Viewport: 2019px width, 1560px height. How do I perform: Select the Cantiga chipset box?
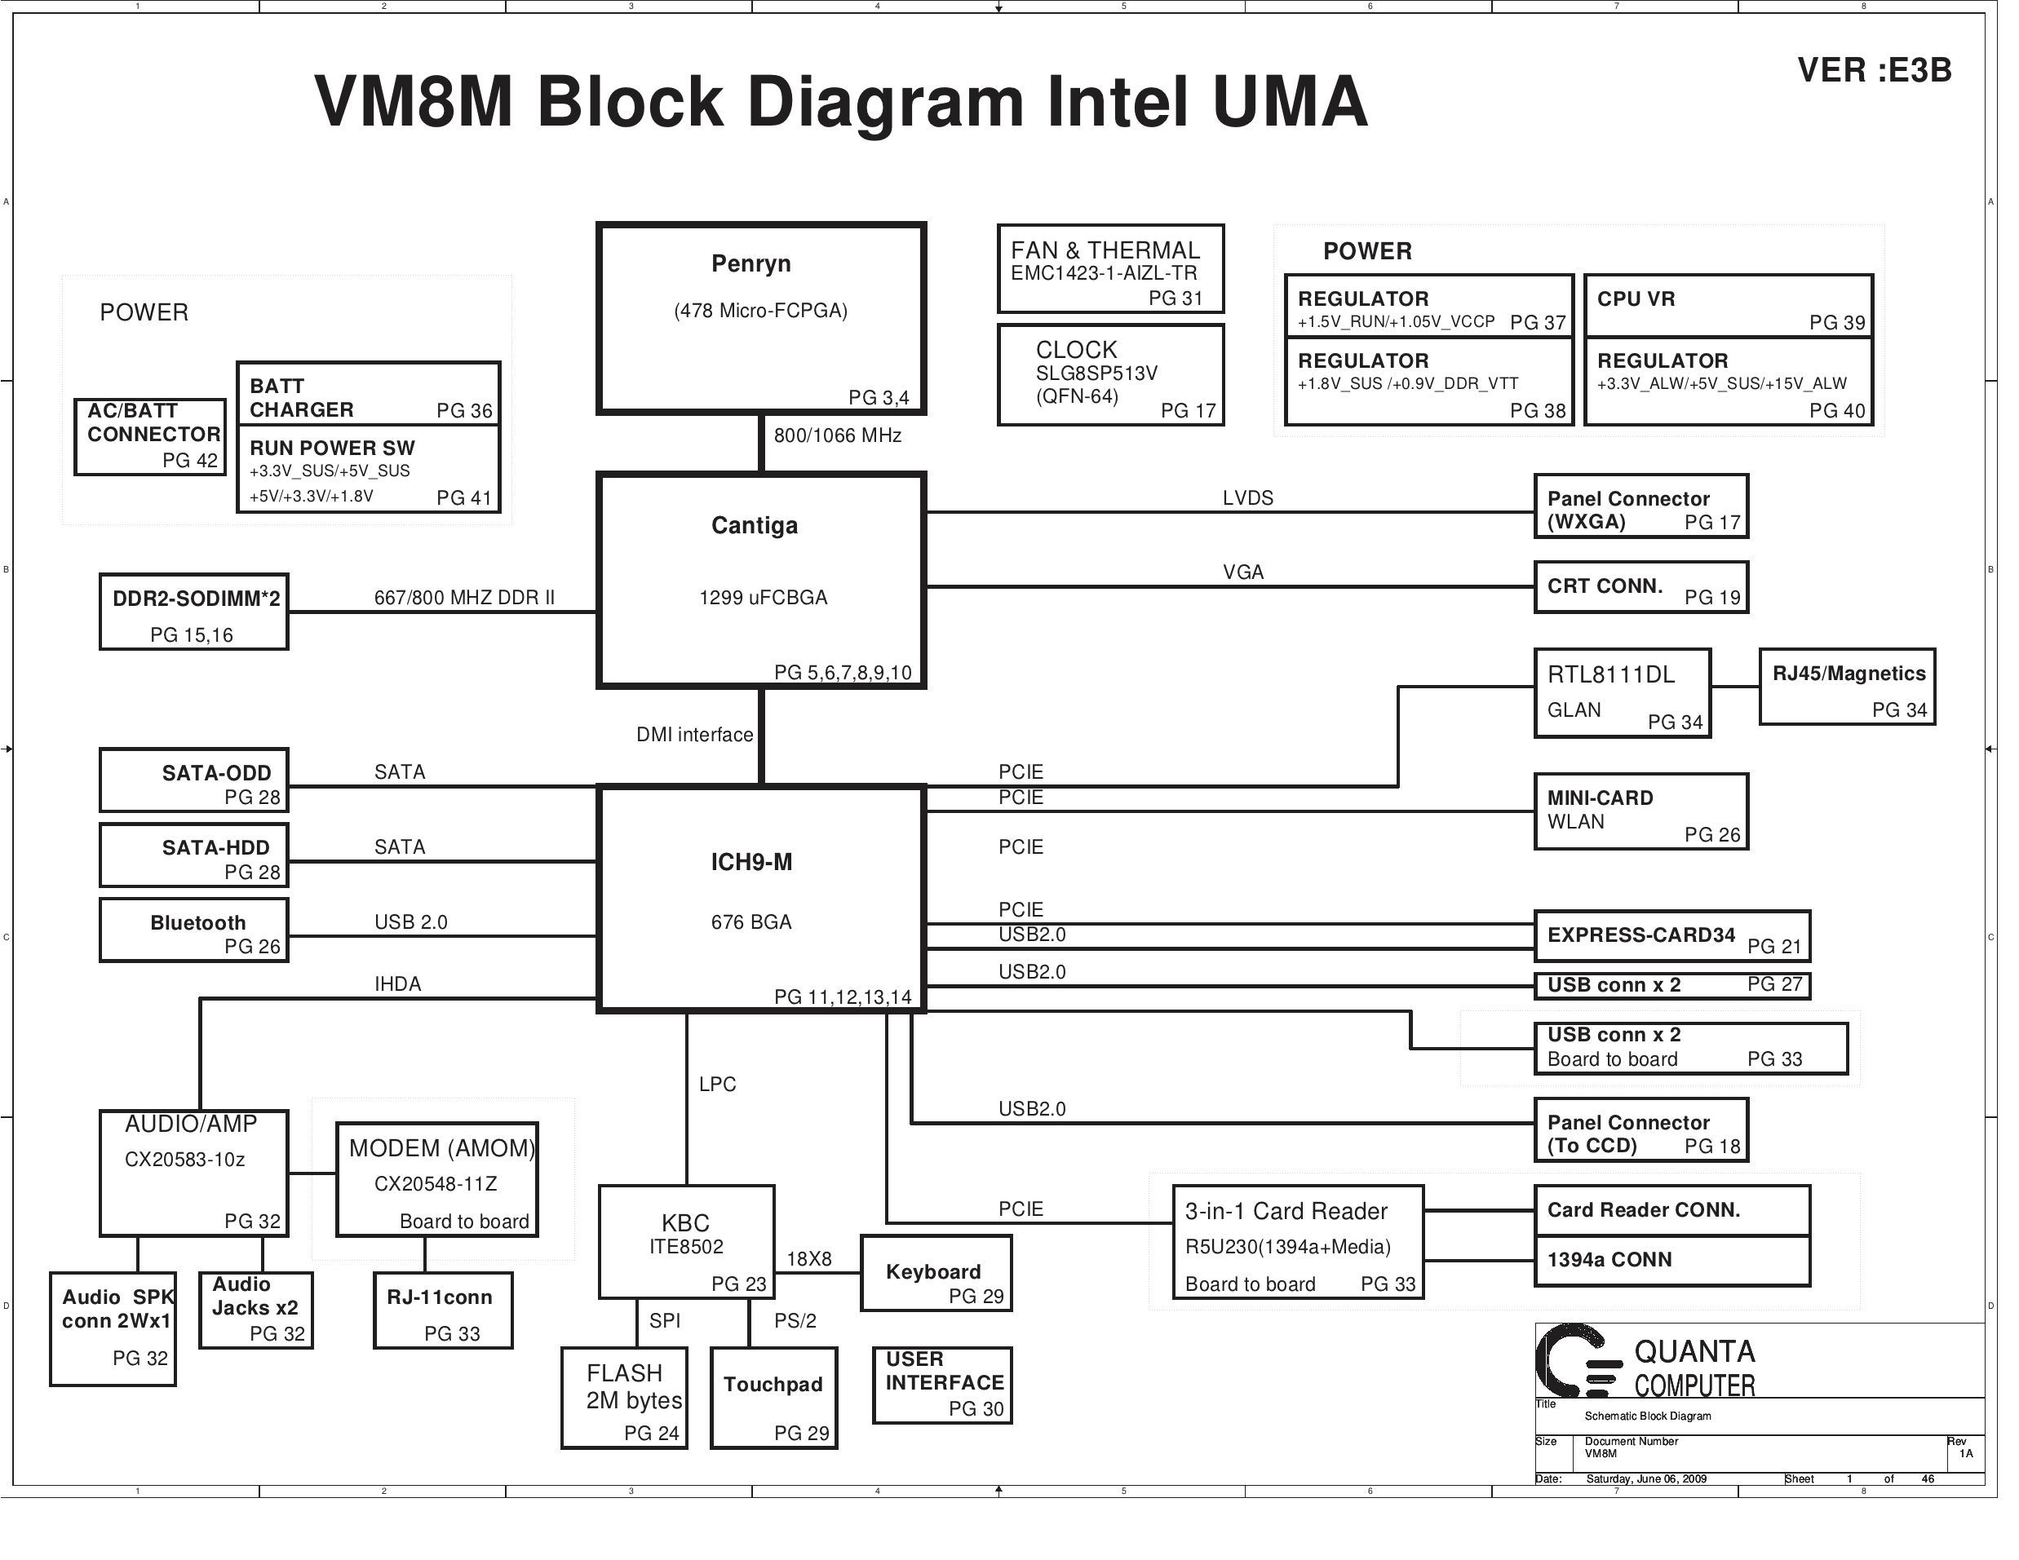point(760,580)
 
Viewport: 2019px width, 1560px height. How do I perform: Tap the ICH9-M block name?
point(750,862)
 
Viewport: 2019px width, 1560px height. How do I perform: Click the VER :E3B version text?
point(1873,70)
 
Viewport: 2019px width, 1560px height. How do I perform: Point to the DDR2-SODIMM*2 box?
point(193,612)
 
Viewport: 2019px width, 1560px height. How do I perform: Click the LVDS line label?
point(1247,498)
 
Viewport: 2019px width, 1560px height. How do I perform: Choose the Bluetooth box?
point(193,930)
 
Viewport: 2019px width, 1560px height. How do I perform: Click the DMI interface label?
point(694,735)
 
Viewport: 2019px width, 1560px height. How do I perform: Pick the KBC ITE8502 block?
point(686,1241)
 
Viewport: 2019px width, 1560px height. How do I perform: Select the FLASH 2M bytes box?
point(624,1398)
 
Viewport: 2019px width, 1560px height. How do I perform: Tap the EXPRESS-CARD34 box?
point(1671,936)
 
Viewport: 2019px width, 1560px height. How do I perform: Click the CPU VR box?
point(1728,306)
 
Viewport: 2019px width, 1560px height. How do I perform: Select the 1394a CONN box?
point(1671,1261)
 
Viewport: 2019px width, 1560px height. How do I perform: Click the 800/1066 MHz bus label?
point(837,435)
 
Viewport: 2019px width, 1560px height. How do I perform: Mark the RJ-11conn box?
point(443,1310)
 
